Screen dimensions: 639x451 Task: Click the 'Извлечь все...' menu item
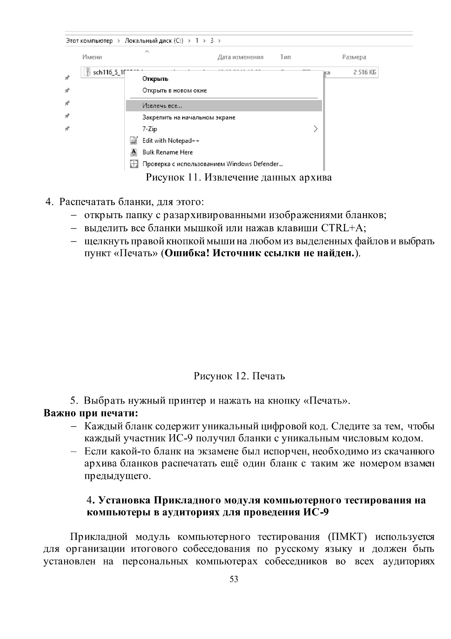coord(162,106)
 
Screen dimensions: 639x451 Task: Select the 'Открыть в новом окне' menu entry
coord(174,91)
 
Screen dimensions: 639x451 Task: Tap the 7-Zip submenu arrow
coord(315,129)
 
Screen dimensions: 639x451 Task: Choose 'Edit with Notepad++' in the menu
coord(171,141)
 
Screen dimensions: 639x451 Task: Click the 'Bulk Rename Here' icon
coord(133,152)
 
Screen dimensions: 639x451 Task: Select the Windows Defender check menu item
coord(212,164)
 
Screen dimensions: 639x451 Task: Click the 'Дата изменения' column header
coord(240,57)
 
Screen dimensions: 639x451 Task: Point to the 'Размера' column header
coord(354,57)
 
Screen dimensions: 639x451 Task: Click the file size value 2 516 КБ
coord(365,73)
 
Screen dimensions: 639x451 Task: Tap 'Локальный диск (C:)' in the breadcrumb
coord(154,41)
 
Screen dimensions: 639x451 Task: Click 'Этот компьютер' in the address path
coord(89,41)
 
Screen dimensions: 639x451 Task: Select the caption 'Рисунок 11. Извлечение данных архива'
coord(239,178)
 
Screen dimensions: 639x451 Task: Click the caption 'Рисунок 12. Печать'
coord(239,376)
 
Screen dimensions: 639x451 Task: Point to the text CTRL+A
coord(343,228)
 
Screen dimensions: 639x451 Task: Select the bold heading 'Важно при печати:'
coord(91,413)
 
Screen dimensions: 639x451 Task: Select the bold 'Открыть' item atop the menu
coord(155,79)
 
